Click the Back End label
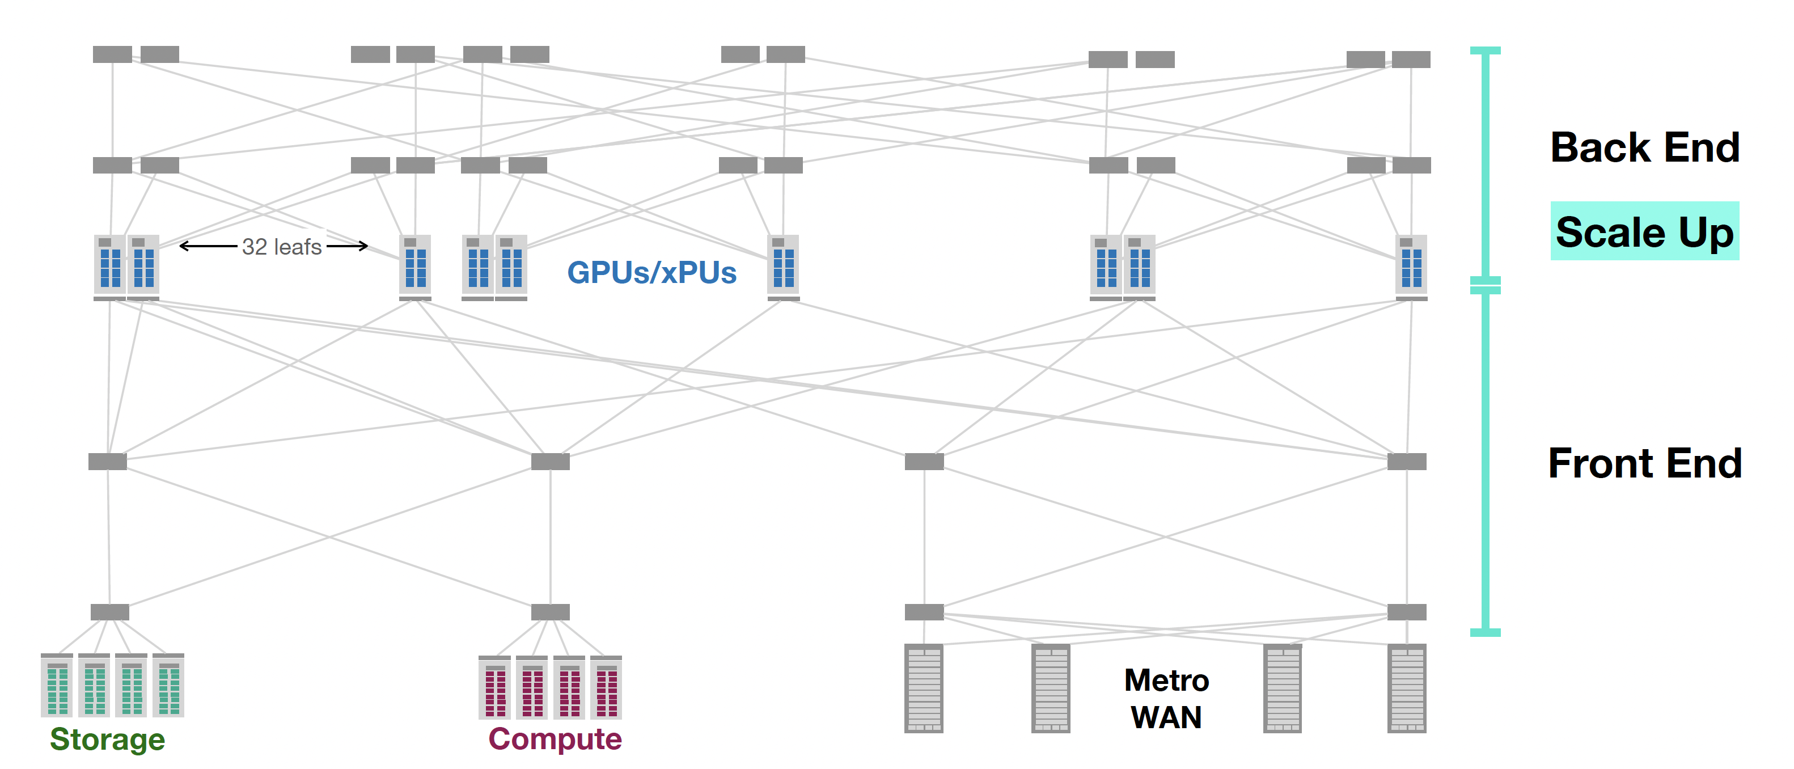[1644, 147]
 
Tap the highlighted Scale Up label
[1644, 232]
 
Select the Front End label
[1644, 463]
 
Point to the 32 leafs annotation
[281, 247]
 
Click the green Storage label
[107, 739]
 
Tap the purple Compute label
[555, 738]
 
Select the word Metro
[1166, 681]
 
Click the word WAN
[1166, 717]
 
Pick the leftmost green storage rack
[57, 686]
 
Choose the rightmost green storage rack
[168, 686]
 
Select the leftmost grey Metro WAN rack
[924, 688]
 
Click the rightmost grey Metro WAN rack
[1407, 688]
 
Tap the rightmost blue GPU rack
[1412, 265]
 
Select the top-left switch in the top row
[112, 54]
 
